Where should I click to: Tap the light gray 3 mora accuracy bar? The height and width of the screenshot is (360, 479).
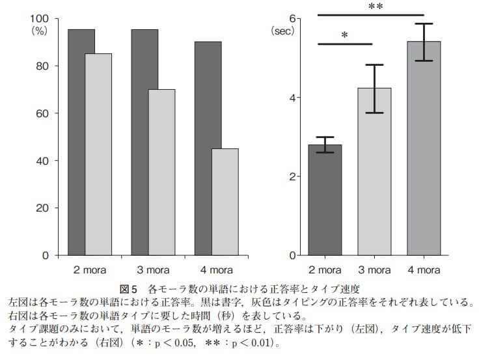point(161,172)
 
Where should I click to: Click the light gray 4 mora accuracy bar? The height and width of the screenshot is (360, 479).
point(225,202)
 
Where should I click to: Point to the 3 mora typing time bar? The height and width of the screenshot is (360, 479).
point(374,172)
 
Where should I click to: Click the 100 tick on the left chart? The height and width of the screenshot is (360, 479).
point(40,18)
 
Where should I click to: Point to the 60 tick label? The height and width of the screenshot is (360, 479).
point(43,113)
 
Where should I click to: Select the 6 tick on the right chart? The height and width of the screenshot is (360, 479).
point(294,18)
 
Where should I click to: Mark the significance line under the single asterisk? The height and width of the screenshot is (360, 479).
point(345,44)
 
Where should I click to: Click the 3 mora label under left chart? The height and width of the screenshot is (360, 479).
point(153,269)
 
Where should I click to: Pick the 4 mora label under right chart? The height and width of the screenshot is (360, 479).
point(424,269)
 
